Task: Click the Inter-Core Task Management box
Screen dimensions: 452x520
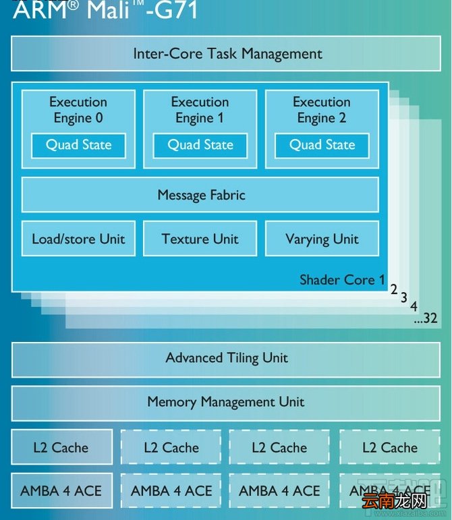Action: pos(226,53)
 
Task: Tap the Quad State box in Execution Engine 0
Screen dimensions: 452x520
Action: pos(79,146)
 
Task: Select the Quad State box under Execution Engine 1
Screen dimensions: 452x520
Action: pos(200,146)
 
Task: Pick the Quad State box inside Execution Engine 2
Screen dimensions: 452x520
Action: pos(322,146)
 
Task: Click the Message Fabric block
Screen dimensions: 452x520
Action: pos(200,195)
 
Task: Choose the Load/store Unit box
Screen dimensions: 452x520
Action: pos(79,239)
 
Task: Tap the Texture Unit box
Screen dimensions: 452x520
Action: pos(200,239)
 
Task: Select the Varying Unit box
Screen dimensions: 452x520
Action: pos(322,239)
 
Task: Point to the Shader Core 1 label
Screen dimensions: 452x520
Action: pos(342,280)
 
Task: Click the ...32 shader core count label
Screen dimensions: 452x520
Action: pos(426,318)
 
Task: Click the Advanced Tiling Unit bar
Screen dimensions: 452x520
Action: pos(226,360)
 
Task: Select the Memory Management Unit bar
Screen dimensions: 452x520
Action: pos(226,403)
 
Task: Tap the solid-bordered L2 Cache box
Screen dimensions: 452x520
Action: pos(61,447)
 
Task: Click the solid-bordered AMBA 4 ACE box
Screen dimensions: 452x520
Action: pos(61,491)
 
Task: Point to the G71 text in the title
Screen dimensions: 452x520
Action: pos(176,9)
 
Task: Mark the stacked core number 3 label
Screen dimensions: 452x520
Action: pos(403,297)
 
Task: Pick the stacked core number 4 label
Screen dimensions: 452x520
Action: pos(414,306)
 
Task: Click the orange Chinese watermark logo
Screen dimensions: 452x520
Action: pos(395,500)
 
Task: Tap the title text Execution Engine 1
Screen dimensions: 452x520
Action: pos(200,110)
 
